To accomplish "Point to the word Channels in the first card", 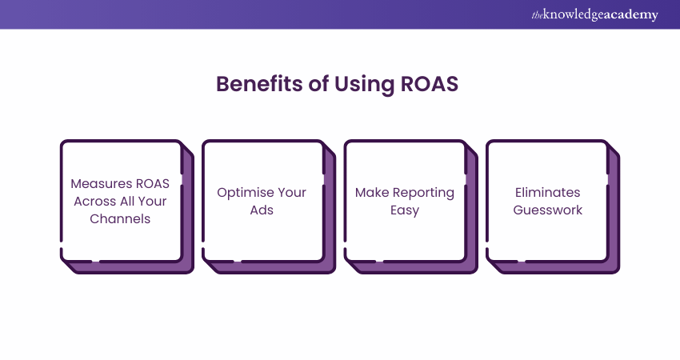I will (x=122, y=218).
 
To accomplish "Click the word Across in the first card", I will (x=94, y=201).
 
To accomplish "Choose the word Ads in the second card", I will (x=262, y=210).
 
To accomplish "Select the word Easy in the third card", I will (x=405, y=210).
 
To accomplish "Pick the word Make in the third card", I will (x=371, y=193).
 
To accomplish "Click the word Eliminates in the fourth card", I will (x=547, y=193).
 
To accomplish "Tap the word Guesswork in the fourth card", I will (x=547, y=210).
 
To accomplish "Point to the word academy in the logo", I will (x=633, y=14).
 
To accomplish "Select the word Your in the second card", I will (x=290, y=193).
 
